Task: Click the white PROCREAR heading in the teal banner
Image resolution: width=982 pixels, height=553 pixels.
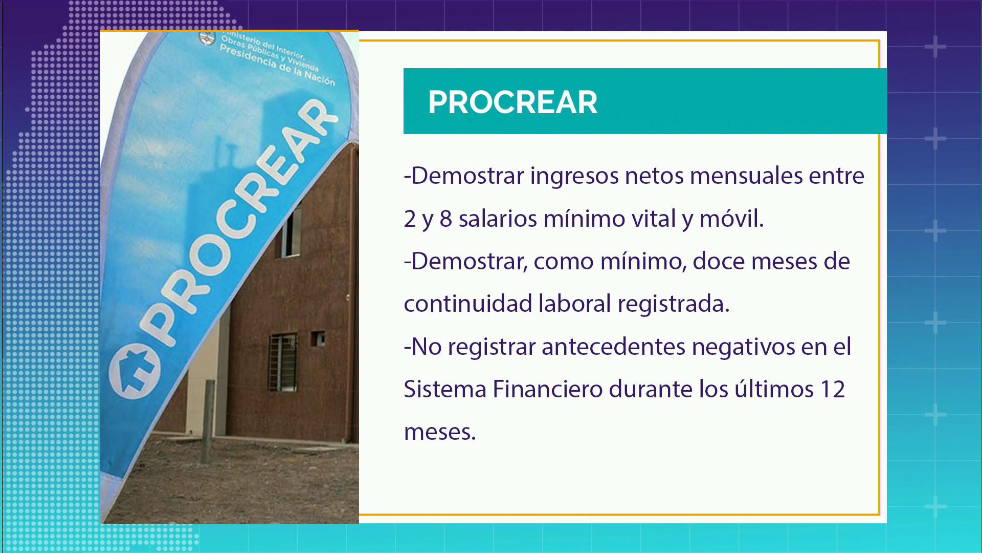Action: coord(512,102)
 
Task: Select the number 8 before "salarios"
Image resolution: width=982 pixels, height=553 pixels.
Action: coord(445,219)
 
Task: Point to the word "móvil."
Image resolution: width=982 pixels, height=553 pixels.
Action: coord(731,219)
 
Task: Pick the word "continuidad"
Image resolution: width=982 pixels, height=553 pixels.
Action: coord(468,304)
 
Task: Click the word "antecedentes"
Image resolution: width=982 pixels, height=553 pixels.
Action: coord(613,347)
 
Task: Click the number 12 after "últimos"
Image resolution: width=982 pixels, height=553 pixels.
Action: coord(832,390)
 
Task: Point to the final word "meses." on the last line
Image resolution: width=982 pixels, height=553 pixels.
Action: coord(440,433)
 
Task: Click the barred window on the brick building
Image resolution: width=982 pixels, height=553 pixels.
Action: coord(283,362)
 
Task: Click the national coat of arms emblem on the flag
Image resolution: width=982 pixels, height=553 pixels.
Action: coord(207,38)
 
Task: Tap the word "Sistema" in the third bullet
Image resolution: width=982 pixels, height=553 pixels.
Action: coord(445,389)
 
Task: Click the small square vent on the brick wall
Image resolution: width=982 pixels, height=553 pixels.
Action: coord(318,338)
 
